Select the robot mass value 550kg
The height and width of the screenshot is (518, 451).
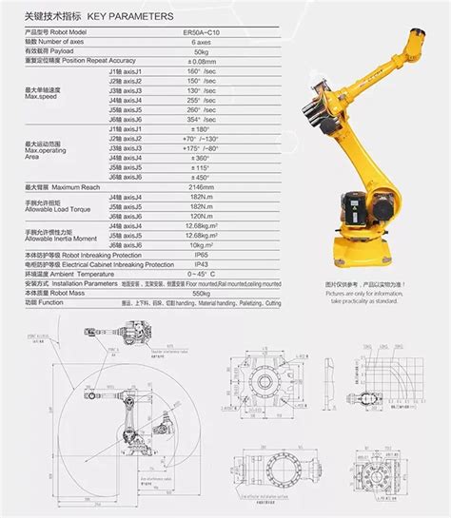201,294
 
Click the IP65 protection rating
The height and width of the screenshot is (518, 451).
201,256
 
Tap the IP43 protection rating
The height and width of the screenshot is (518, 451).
201,265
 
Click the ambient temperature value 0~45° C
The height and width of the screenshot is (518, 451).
201,275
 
